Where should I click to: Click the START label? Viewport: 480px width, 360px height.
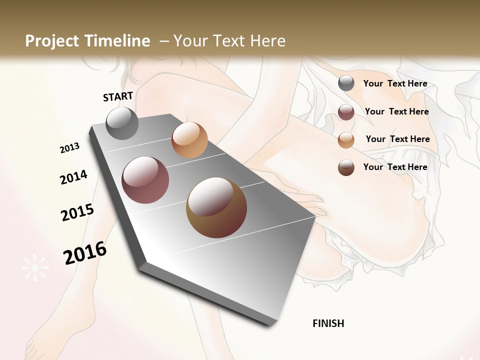[118, 96]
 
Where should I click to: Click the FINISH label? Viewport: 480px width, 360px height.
[328, 323]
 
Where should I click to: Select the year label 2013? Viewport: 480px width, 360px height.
[69, 148]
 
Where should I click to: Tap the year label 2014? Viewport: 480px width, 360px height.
[73, 177]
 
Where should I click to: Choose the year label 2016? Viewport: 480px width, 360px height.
[85, 253]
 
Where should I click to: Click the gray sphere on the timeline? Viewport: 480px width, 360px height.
[122, 123]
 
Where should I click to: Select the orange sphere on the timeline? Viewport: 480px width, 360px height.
[189, 140]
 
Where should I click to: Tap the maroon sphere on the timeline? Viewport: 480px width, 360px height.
[145, 180]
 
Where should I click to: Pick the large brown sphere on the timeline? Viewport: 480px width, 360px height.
[216, 207]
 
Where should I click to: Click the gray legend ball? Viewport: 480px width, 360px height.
[346, 83]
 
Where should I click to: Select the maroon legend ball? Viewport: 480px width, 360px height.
[346, 112]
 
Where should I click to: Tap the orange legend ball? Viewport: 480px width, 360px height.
[346, 140]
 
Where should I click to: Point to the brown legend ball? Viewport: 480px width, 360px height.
[346, 167]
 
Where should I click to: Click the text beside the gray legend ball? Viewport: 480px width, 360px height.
[395, 83]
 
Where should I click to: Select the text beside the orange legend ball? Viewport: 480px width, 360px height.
[397, 139]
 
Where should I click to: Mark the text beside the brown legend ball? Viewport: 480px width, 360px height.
[395, 167]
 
